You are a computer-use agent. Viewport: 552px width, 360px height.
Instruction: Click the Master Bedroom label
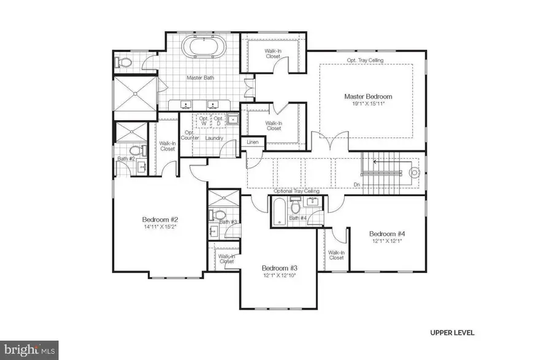coord(367,96)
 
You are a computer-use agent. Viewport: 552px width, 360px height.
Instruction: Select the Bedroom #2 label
coord(159,220)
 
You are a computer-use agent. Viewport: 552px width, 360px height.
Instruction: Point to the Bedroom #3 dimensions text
coord(279,276)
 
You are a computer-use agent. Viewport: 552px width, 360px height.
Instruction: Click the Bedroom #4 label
coord(386,233)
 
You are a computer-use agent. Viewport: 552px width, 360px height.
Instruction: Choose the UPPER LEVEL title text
coord(451,332)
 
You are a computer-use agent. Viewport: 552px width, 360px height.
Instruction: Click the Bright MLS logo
coord(29,350)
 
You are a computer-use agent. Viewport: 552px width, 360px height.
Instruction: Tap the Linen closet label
coord(252,142)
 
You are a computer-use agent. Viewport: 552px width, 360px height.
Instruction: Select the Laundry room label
coord(213,138)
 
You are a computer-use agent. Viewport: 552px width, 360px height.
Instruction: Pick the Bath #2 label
coord(126,159)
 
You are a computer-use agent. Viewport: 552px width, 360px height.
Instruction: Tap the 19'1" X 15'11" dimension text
coord(367,104)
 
